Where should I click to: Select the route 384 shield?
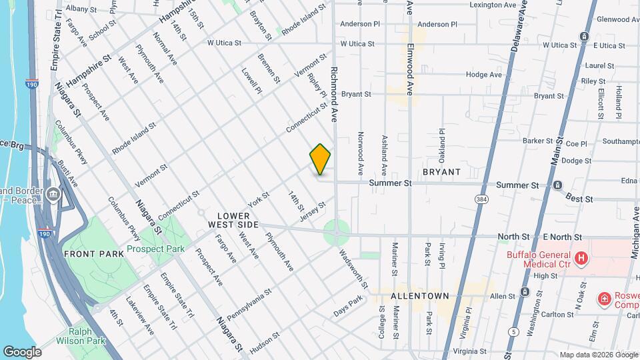tap(481, 199)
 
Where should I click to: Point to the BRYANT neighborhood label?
tap(441, 172)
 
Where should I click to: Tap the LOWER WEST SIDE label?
tap(233, 221)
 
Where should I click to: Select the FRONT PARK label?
tap(94, 254)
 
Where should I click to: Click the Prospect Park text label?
tap(155, 249)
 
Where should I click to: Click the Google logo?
tap(23, 351)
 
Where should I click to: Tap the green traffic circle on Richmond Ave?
tap(337, 233)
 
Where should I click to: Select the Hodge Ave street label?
tap(484, 75)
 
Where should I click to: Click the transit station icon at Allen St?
tap(525, 291)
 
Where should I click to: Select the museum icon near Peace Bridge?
tap(53, 195)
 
